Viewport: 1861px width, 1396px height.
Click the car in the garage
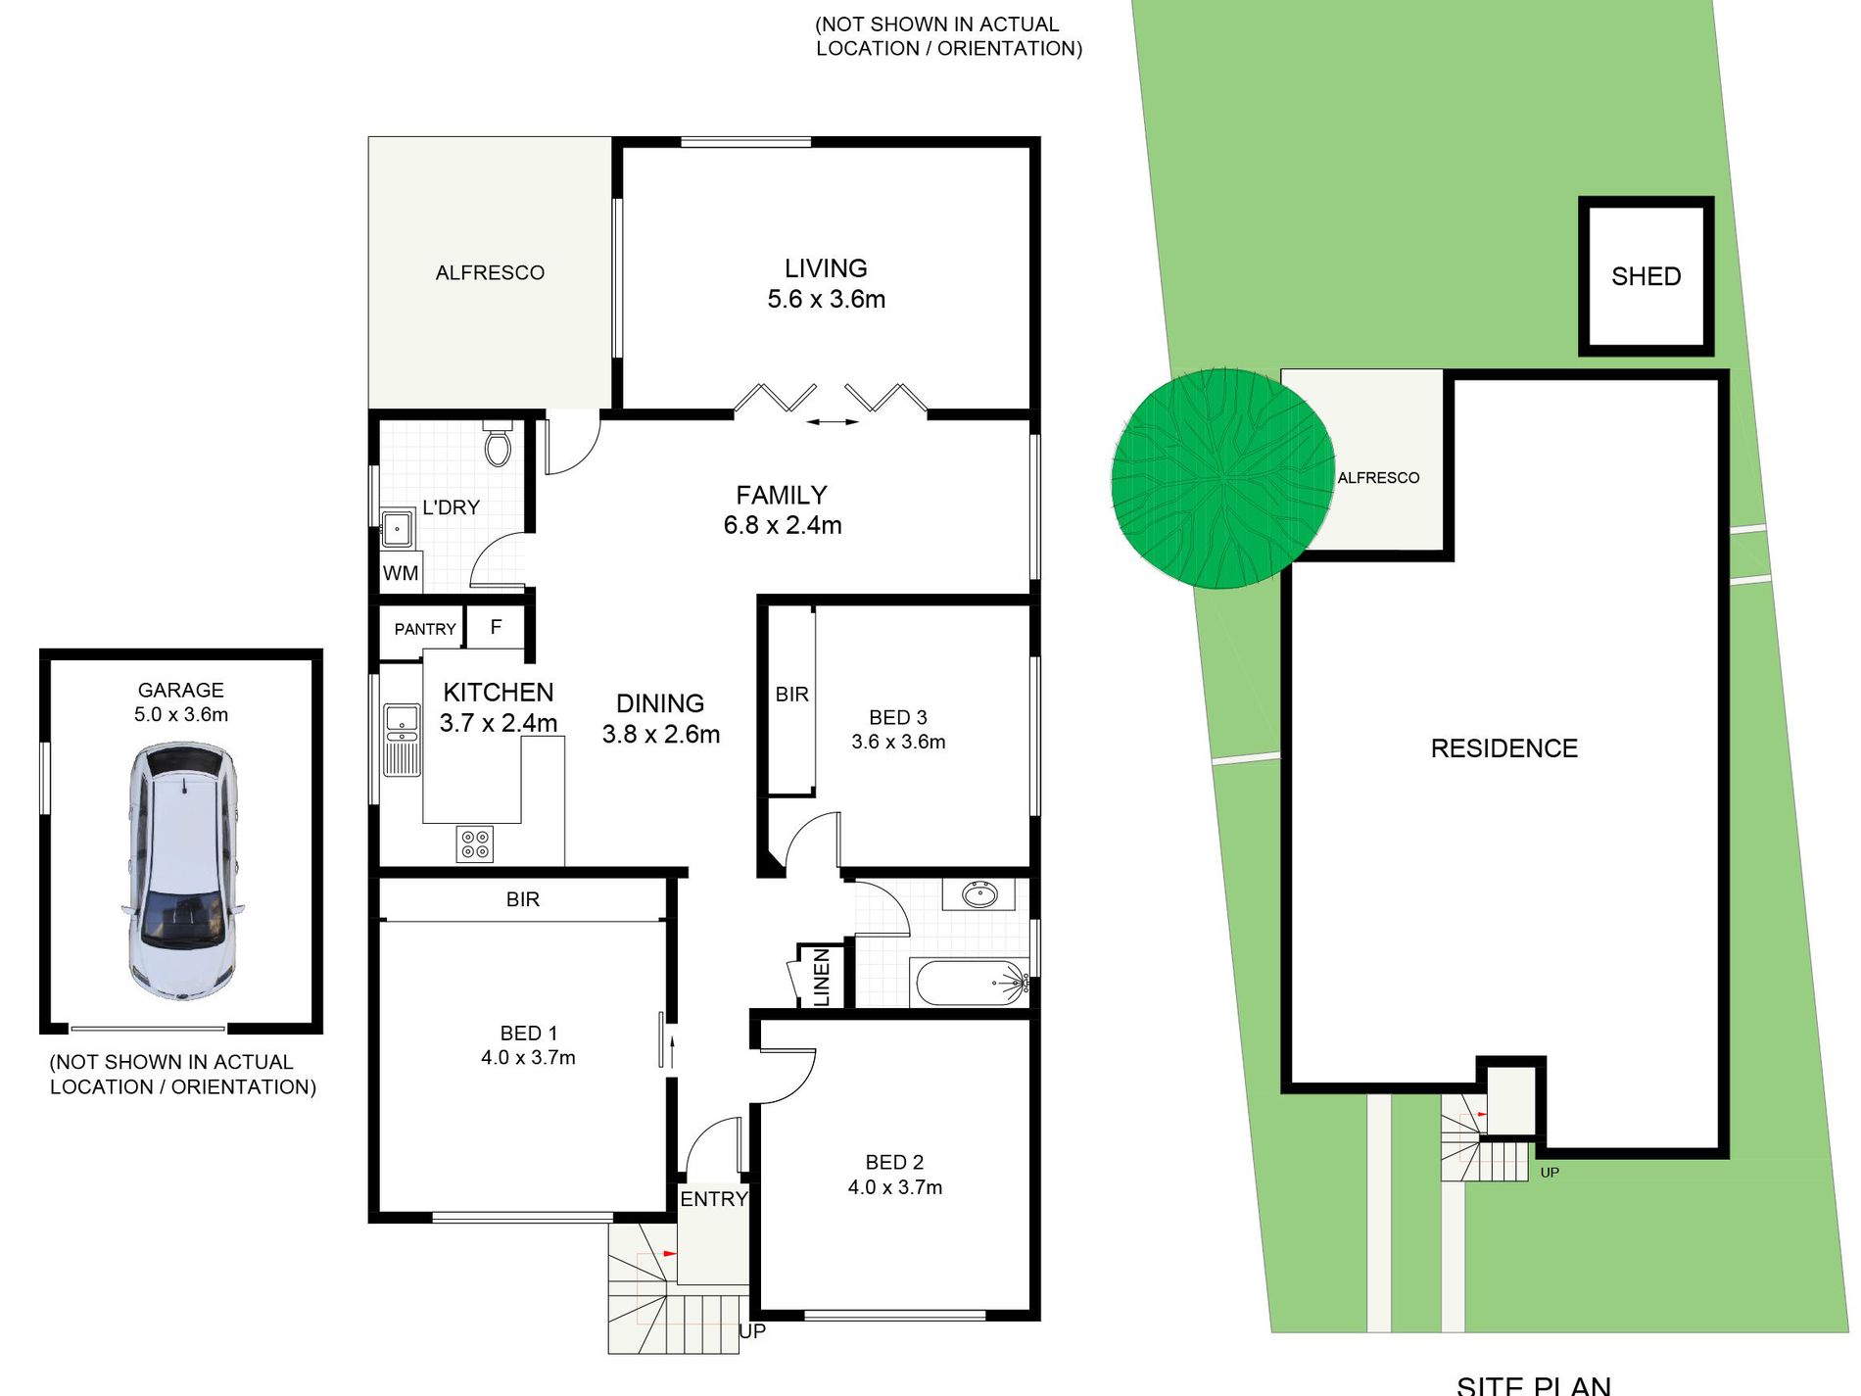(182, 870)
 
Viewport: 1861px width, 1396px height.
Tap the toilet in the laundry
(498, 445)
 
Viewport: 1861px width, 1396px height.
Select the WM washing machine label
(401, 573)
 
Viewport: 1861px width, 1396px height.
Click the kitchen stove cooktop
(475, 844)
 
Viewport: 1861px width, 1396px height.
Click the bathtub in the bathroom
(970, 982)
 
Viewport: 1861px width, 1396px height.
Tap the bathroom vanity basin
(978, 894)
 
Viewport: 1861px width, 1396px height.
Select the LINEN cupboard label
(822, 977)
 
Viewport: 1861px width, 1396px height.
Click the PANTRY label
(425, 629)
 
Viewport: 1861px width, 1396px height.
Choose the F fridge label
(496, 627)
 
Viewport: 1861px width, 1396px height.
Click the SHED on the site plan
(1646, 276)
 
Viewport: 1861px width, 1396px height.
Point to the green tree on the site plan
(1222, 479)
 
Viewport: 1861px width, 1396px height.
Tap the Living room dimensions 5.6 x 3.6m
(826, 299)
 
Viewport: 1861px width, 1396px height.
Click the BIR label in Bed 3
(791, 695)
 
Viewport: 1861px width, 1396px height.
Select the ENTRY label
(713, 1199)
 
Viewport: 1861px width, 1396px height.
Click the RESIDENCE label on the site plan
(1503, 748)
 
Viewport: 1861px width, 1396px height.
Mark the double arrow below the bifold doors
(832, 422)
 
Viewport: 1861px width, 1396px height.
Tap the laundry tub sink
(397, 529)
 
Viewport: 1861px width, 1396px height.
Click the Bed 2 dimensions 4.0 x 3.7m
(894, 1187)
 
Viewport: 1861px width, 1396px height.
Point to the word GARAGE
(180, 690)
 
